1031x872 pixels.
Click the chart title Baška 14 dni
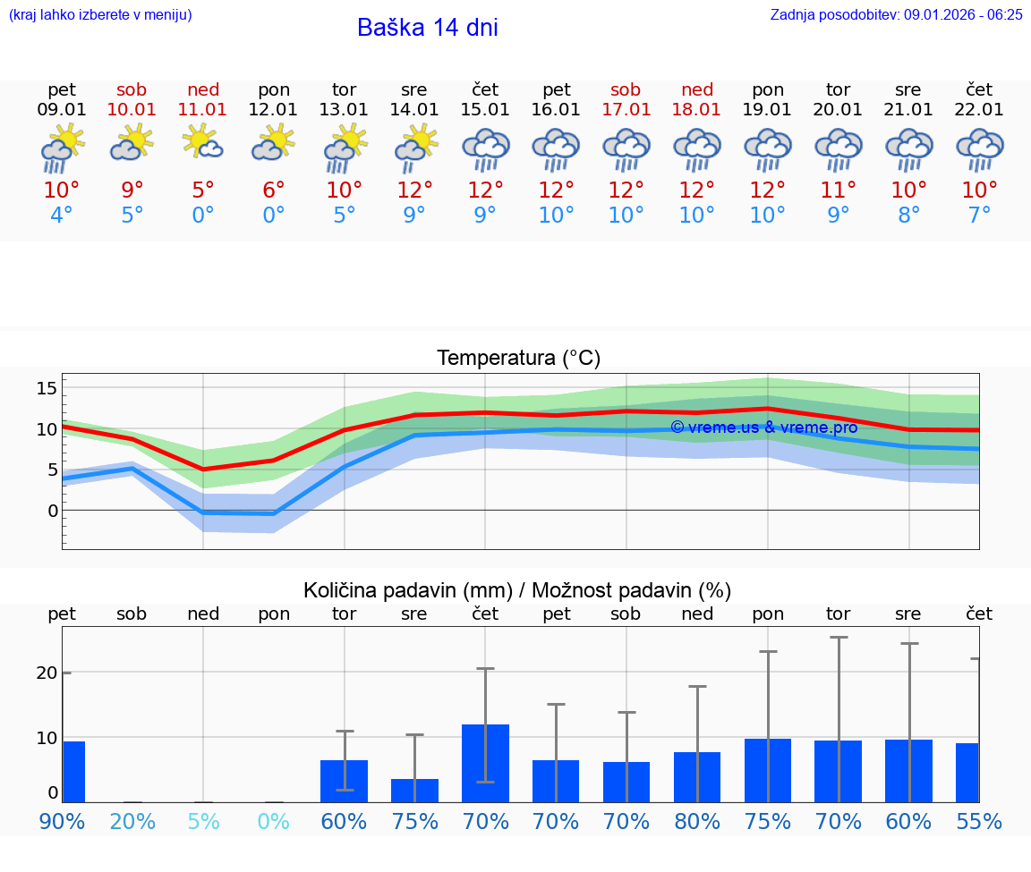click(427, 28)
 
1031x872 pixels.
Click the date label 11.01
click(203, 109)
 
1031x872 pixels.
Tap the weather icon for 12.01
click(274, 143)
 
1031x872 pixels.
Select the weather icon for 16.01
click(556, 148)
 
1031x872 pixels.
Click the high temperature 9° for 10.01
click(132, 190)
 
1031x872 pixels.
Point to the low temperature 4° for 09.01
click(62, 215)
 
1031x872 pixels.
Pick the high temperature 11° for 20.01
click(839, 190)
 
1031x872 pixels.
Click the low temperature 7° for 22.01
click(980, 215)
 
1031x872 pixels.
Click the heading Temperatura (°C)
click(518, 359)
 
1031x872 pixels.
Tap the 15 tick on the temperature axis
click(47, 388)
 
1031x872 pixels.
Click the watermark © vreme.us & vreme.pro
click(763, 428)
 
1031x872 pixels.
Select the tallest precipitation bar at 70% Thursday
click(485, 763)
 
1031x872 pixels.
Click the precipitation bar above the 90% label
click(73, 771)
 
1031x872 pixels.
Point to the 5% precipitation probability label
click(203, 821)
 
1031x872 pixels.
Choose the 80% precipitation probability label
click(697, 821)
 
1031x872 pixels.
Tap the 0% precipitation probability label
click(274, 821)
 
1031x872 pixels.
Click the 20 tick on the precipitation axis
click(47, 673)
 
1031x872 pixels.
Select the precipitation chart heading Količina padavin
click(517, 590)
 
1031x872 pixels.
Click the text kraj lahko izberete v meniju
click(100, 14)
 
